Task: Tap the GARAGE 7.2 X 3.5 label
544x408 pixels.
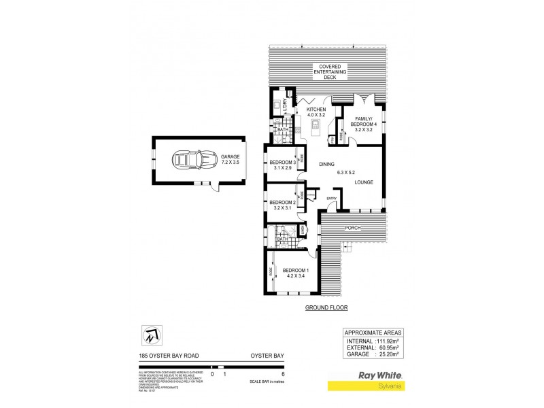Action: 231,160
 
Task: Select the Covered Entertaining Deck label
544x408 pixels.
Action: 330,71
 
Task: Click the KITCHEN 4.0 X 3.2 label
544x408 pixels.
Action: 316,113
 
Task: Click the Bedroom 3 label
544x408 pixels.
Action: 282,165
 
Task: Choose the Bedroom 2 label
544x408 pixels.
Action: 282,205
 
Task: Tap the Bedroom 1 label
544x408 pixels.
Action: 296,273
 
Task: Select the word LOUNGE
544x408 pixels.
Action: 364,182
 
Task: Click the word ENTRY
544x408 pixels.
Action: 331,199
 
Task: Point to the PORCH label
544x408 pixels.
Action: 352,228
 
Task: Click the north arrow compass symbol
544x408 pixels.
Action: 151,336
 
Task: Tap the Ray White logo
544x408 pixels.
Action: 379,375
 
